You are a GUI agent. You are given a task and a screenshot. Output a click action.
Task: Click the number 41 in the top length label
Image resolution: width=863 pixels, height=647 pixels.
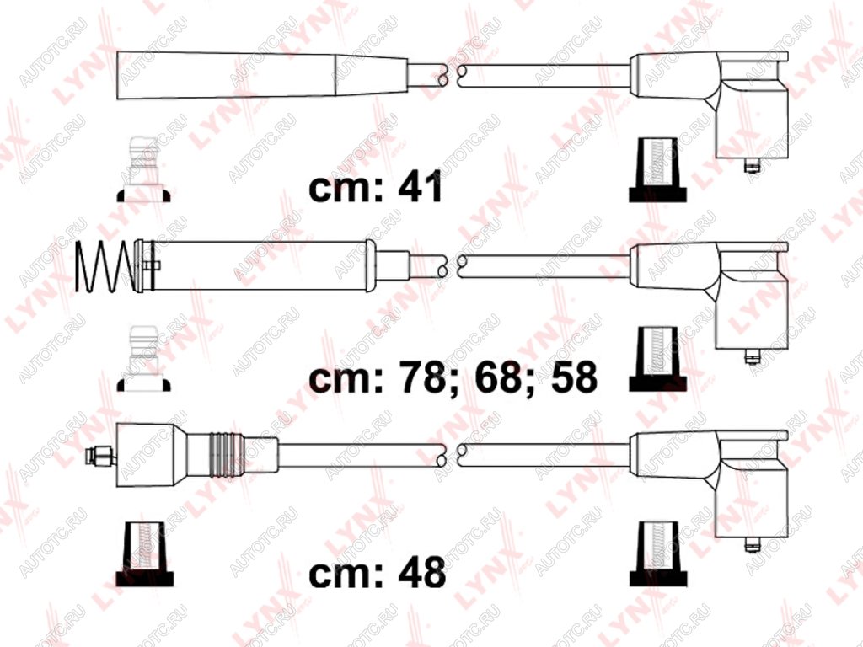(420, 186)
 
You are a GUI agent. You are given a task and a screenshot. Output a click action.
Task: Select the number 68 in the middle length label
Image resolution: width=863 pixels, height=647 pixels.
(497, 377)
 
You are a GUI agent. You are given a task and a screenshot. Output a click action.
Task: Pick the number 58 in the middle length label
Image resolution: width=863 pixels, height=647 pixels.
(574, 377)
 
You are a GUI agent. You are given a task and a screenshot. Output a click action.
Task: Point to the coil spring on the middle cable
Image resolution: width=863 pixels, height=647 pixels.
(105, 266)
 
